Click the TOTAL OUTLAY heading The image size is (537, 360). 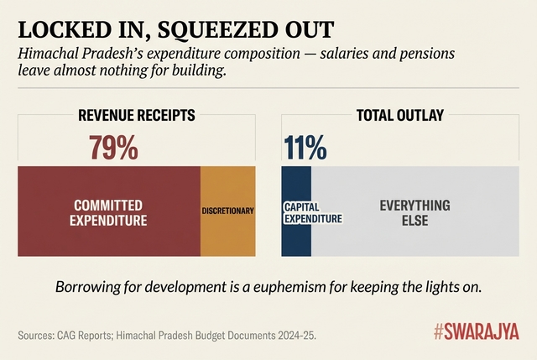(x=399, y=116)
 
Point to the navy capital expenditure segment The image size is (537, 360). (x=295, y=239)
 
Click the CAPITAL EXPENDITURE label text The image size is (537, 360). (x=312, y=212)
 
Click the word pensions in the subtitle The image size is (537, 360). (x=424, y=54)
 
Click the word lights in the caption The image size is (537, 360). (x=442, y=286)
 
